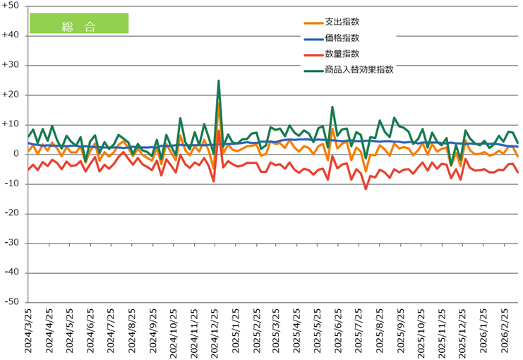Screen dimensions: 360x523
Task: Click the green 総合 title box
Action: click(78, 23)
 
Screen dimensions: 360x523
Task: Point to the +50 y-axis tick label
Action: click(12, 6)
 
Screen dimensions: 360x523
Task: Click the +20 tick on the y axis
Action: click(12, 95)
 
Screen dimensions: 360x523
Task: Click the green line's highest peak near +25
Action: click(219, 80)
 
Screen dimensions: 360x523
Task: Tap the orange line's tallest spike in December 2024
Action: click(219, 103)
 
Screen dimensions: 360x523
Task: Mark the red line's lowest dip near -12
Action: click(366, 188)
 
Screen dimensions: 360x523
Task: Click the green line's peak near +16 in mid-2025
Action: click(332, 107)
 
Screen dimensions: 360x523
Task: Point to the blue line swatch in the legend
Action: click(311, 39)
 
